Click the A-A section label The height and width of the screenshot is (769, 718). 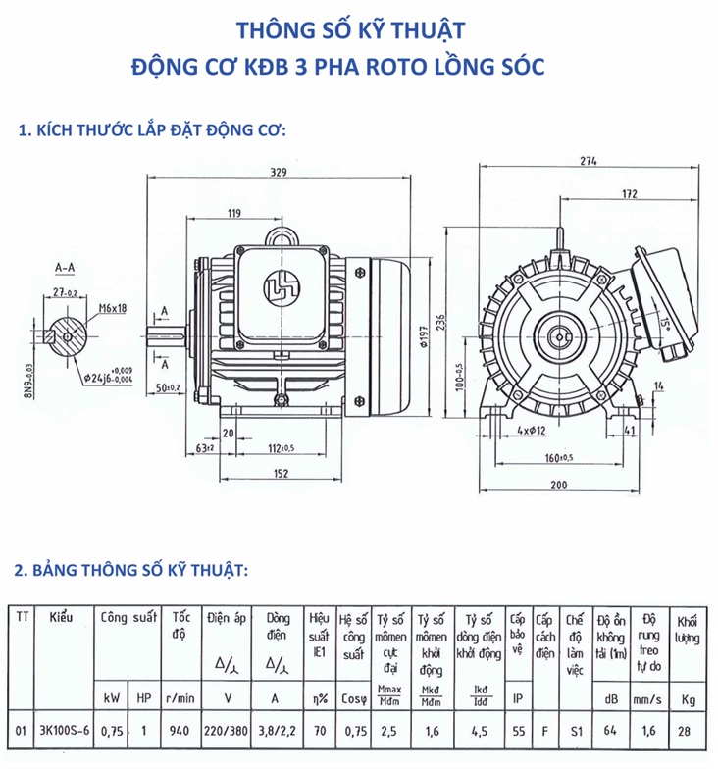click(67, 267)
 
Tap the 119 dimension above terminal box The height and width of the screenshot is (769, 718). click(234, 213)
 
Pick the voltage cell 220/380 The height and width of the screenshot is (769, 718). click(229, 730)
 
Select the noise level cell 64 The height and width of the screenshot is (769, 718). click(611, 730)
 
